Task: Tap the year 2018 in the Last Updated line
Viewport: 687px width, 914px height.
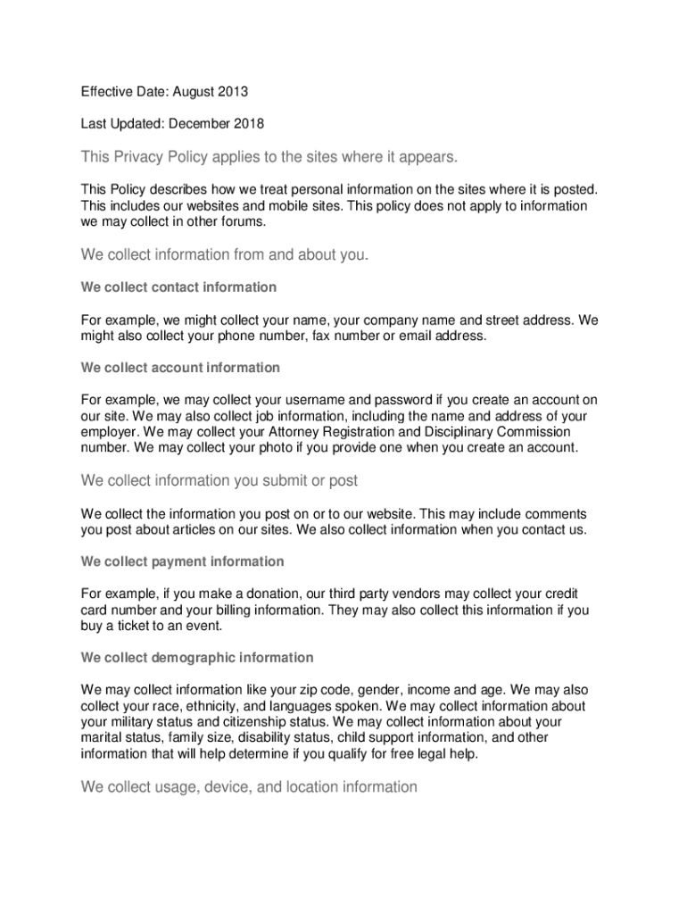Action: coord(247,124)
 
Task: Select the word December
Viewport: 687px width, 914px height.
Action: coord(197,124)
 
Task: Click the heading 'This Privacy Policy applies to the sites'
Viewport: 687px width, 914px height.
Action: coord(269,158)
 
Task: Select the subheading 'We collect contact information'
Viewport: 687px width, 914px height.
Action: coord(178,287)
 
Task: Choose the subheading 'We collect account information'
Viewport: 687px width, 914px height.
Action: coord(180,368)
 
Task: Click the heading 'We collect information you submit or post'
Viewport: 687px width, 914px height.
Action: coord(219,481)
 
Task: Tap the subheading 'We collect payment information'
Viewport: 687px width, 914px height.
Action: coord(183,561)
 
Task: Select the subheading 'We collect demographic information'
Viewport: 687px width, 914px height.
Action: coord(197,658)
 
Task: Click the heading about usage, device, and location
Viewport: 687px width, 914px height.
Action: coord(249,787)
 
